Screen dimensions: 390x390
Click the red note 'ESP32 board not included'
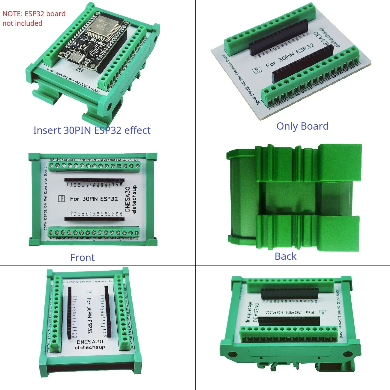point(34,18)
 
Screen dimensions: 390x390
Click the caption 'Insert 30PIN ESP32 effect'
point(91,130)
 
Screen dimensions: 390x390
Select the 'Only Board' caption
point(302,126)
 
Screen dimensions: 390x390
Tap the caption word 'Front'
point(82,258)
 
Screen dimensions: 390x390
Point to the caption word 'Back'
point(285,256)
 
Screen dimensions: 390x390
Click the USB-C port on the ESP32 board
point(74,58)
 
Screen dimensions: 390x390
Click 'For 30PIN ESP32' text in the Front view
point(94,199)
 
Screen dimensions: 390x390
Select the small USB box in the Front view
point(61,199)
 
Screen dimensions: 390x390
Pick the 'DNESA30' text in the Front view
point(127,199)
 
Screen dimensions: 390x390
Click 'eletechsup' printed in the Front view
point(134,199)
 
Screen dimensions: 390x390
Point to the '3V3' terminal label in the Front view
point(52,238)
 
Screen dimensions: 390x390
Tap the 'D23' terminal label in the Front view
point(136,238)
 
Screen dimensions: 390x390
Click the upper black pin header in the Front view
point(94,180)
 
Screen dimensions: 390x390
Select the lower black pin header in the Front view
point(94,219)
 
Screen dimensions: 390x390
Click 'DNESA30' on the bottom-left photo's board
point(90,342)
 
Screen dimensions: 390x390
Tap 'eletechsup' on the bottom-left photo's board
point(90,347)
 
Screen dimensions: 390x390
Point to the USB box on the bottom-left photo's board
point(89,292)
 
